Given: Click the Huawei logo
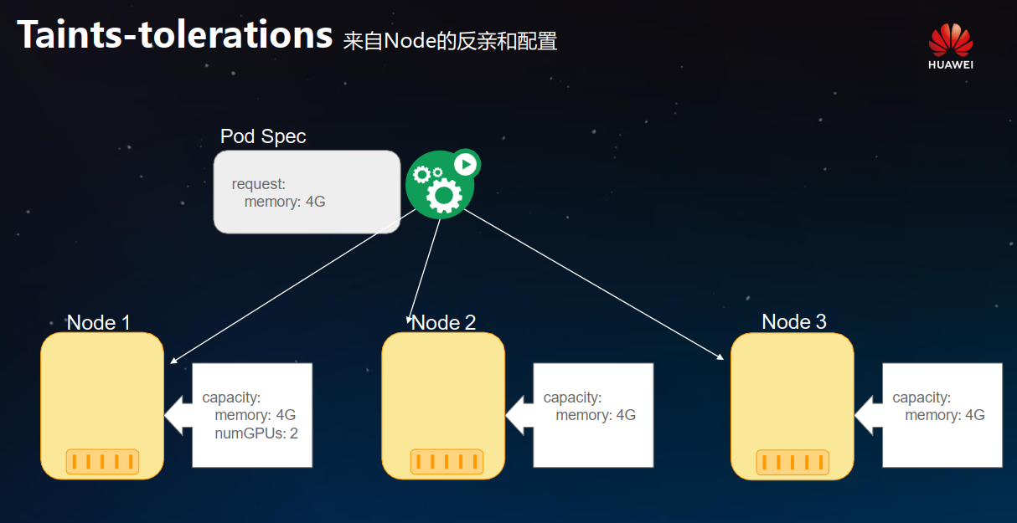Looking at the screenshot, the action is [950, 45].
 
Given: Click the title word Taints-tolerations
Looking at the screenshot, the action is [175, 35].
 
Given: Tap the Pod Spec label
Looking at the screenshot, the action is [263, 136].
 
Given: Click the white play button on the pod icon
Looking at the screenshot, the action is [465, 164].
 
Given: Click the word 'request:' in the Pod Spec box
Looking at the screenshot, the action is [259, 184].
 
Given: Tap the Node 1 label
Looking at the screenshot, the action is [99, 322].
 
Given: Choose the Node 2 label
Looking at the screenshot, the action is [444, 322].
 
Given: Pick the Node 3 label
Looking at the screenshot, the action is [793, 321].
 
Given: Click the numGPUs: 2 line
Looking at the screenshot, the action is [256, 433].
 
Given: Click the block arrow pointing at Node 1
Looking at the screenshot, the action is [178, 414].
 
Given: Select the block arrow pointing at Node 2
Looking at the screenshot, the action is [519, 414].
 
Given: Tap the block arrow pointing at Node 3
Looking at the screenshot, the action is [869, 414].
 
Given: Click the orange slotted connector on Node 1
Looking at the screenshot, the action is [102, 461].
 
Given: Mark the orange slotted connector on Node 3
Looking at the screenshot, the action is [792, 462].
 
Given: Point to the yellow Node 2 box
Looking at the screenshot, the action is [443, 393].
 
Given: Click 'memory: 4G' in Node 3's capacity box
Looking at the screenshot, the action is [944, 415].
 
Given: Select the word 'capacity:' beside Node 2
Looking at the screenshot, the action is [572, 397].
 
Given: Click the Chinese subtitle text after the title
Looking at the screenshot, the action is [450, 40].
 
